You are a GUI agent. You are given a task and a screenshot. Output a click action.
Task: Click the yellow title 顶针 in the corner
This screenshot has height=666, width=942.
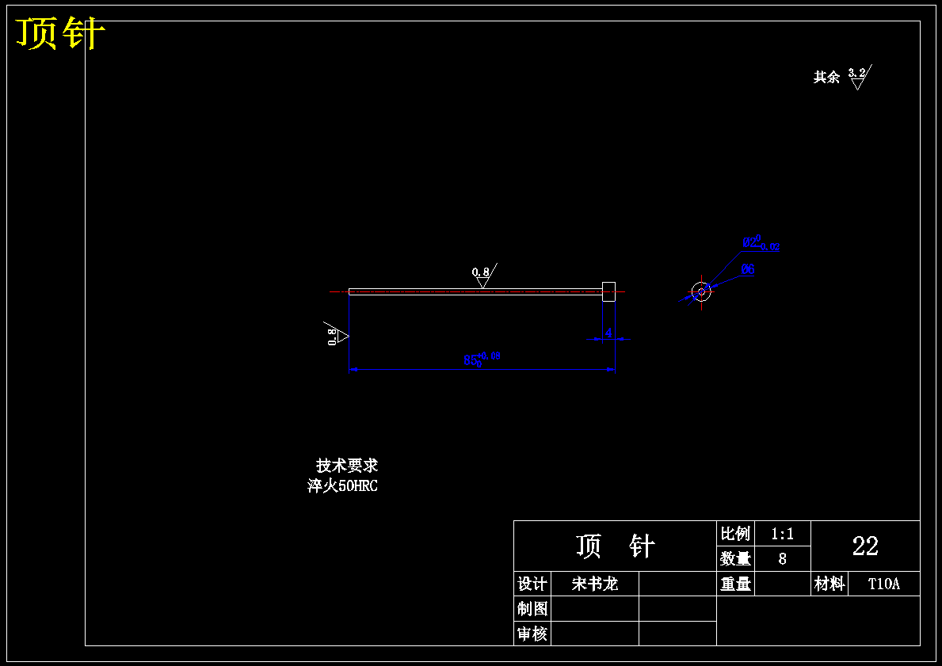point(60,34)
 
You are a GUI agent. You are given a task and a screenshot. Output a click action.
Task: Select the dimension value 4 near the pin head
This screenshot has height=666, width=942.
point(608,333)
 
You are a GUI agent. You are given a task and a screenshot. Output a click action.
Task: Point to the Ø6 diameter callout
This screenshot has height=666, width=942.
point(748,269)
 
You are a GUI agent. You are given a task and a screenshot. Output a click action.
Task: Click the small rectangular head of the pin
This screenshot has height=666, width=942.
point(608,291)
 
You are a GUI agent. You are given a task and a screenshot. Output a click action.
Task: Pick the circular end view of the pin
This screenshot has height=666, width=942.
point(701,291)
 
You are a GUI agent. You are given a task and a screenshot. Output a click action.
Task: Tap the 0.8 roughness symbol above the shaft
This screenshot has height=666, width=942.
point(482,276)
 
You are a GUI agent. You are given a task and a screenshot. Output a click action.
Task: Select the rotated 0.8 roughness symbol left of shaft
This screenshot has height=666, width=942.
point(336,335)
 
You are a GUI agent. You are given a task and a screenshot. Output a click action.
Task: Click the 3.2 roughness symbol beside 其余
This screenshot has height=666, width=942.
point(858,77)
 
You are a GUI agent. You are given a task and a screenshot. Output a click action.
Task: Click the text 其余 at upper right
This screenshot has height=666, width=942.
point(826,77)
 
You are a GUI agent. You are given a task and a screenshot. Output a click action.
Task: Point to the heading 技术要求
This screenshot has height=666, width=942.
point(347,466)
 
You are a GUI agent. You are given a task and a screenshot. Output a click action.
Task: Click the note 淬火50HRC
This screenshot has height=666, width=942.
point(343,486)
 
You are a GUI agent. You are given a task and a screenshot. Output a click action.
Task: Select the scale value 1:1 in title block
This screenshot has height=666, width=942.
point(782,534)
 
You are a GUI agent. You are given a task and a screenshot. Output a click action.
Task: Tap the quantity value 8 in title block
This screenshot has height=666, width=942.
point(782,558)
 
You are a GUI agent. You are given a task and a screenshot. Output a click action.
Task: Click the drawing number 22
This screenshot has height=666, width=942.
point(865,546)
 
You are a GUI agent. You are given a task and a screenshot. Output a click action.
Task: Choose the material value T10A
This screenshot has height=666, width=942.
point(883,584)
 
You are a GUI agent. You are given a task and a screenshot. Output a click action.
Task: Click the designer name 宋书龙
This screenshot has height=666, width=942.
point(594,584)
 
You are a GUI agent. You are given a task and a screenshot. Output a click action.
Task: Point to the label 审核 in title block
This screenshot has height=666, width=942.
point(532,634)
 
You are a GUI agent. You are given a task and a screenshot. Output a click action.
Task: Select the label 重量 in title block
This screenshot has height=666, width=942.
point(735,584)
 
